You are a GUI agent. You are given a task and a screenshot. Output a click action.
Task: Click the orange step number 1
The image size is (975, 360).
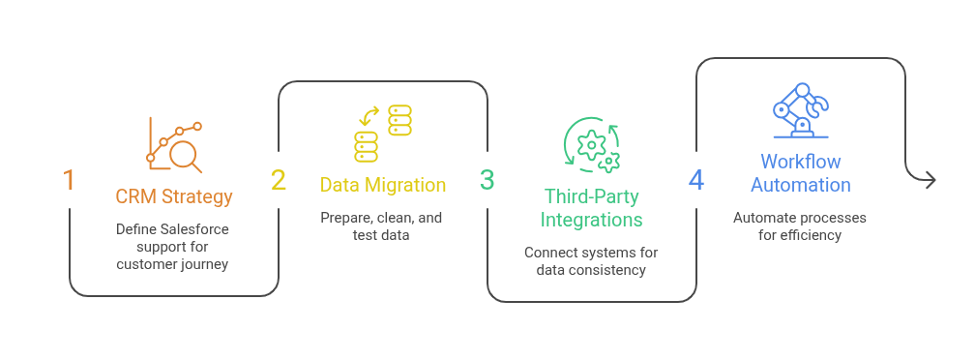click(x=69, y=180)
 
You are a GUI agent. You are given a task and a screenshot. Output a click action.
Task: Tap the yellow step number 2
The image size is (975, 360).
click(x=278, y=180)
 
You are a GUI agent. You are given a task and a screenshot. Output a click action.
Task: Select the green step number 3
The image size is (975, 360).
click(x=487, y=180)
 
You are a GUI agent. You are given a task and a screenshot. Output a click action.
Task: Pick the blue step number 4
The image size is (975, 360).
click(x=696, y=180)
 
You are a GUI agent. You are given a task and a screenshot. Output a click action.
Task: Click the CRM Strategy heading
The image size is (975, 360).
click(x=174, y=196)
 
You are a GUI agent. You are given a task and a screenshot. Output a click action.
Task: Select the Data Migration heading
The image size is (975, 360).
click(x=383, y=185)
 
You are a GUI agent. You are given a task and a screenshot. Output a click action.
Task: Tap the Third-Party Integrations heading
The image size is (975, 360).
click(x=591, y=208)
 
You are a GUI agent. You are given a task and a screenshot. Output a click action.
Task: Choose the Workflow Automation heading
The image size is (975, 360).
click(x=801, y=173)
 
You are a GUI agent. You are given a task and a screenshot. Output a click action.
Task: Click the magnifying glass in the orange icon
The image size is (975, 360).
click(x=186, y=156)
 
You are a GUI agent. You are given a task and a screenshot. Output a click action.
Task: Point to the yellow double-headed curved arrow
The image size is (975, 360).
click(x=370, y=115)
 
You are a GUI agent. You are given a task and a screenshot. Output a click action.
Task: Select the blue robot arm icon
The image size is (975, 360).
click(x=801, y=110)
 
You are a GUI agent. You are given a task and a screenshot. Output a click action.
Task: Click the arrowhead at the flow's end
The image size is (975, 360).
click(x=930, y=180)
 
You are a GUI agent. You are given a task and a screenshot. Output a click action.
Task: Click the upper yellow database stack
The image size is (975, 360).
click(x=399, y=120)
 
